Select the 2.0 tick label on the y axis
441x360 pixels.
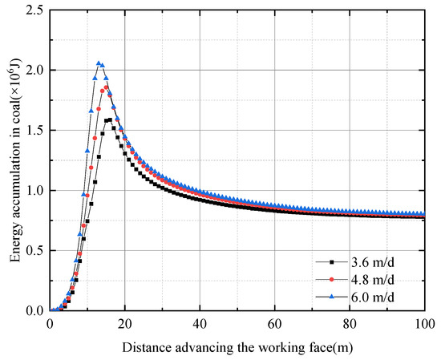[33, 70]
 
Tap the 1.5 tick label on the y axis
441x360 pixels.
[33, 130]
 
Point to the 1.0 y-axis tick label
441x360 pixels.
[33, 190]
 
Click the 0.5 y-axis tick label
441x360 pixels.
[33, 250]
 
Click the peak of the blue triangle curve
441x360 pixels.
[99, 63]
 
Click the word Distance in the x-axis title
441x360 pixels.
[147, 347]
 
